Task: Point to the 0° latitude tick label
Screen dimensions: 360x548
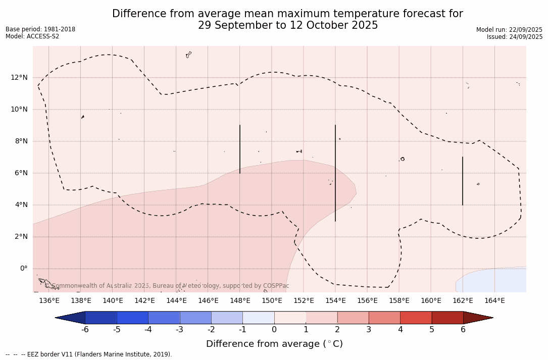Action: (23, 268)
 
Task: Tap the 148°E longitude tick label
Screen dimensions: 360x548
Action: (240, 300)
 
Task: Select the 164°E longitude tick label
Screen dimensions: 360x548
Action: (494, 300)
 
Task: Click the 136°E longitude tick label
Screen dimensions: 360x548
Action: (49, 300)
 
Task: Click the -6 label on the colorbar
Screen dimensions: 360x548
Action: (85, 330)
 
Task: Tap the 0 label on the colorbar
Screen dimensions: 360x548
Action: (274, 330)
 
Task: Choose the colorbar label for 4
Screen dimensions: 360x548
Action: (400, 330)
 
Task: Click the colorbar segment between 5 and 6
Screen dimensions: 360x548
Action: (447, 318)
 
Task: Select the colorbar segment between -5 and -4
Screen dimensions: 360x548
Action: (132, 318)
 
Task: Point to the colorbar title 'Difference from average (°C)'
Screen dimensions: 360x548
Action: (274, 344)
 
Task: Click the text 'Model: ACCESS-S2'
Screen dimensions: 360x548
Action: (32, 36)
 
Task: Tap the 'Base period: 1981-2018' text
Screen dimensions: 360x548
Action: (40, 29)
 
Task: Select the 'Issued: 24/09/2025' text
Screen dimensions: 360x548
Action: (515, 37)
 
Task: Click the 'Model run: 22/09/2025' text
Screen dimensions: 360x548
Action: (509, 30)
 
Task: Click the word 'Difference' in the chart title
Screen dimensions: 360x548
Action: (136, 14)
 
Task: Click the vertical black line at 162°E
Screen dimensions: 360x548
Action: (463, 181)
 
